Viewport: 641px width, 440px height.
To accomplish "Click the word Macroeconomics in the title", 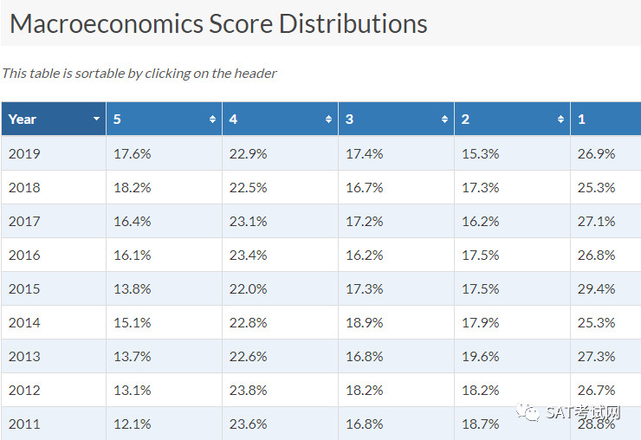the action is pos(107,23).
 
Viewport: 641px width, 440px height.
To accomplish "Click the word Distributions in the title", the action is pos(353,23).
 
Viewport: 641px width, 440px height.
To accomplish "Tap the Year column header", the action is pos(54,119).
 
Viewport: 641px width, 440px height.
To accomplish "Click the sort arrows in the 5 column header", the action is pos(212,119).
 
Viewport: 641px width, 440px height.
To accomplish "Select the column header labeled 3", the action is pos(396,119).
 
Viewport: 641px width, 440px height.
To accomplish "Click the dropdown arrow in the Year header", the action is pos(96,119).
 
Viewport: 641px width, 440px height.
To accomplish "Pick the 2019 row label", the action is pos(24,154).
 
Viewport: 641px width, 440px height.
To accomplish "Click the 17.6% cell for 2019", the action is pos(133,154).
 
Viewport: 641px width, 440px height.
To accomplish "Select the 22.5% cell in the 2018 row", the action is pos(248,188).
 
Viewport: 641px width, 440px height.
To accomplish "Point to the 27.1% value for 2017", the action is pos(597,222).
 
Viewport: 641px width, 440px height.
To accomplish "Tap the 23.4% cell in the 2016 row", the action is pos(248,256).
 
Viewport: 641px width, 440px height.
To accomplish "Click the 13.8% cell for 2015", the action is pos(133,289).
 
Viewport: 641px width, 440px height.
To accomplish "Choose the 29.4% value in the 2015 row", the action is pos(597,289).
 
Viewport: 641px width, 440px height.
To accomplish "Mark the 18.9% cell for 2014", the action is pos(365,323).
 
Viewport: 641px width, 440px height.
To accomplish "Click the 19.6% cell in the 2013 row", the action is pos(481,357).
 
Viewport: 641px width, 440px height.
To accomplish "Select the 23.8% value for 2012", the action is pos(248,390).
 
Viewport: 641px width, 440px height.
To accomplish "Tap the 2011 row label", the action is pos(24,424).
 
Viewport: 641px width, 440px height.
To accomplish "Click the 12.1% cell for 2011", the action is pos(133,424).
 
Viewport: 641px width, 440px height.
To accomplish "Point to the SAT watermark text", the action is pos(583,412).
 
